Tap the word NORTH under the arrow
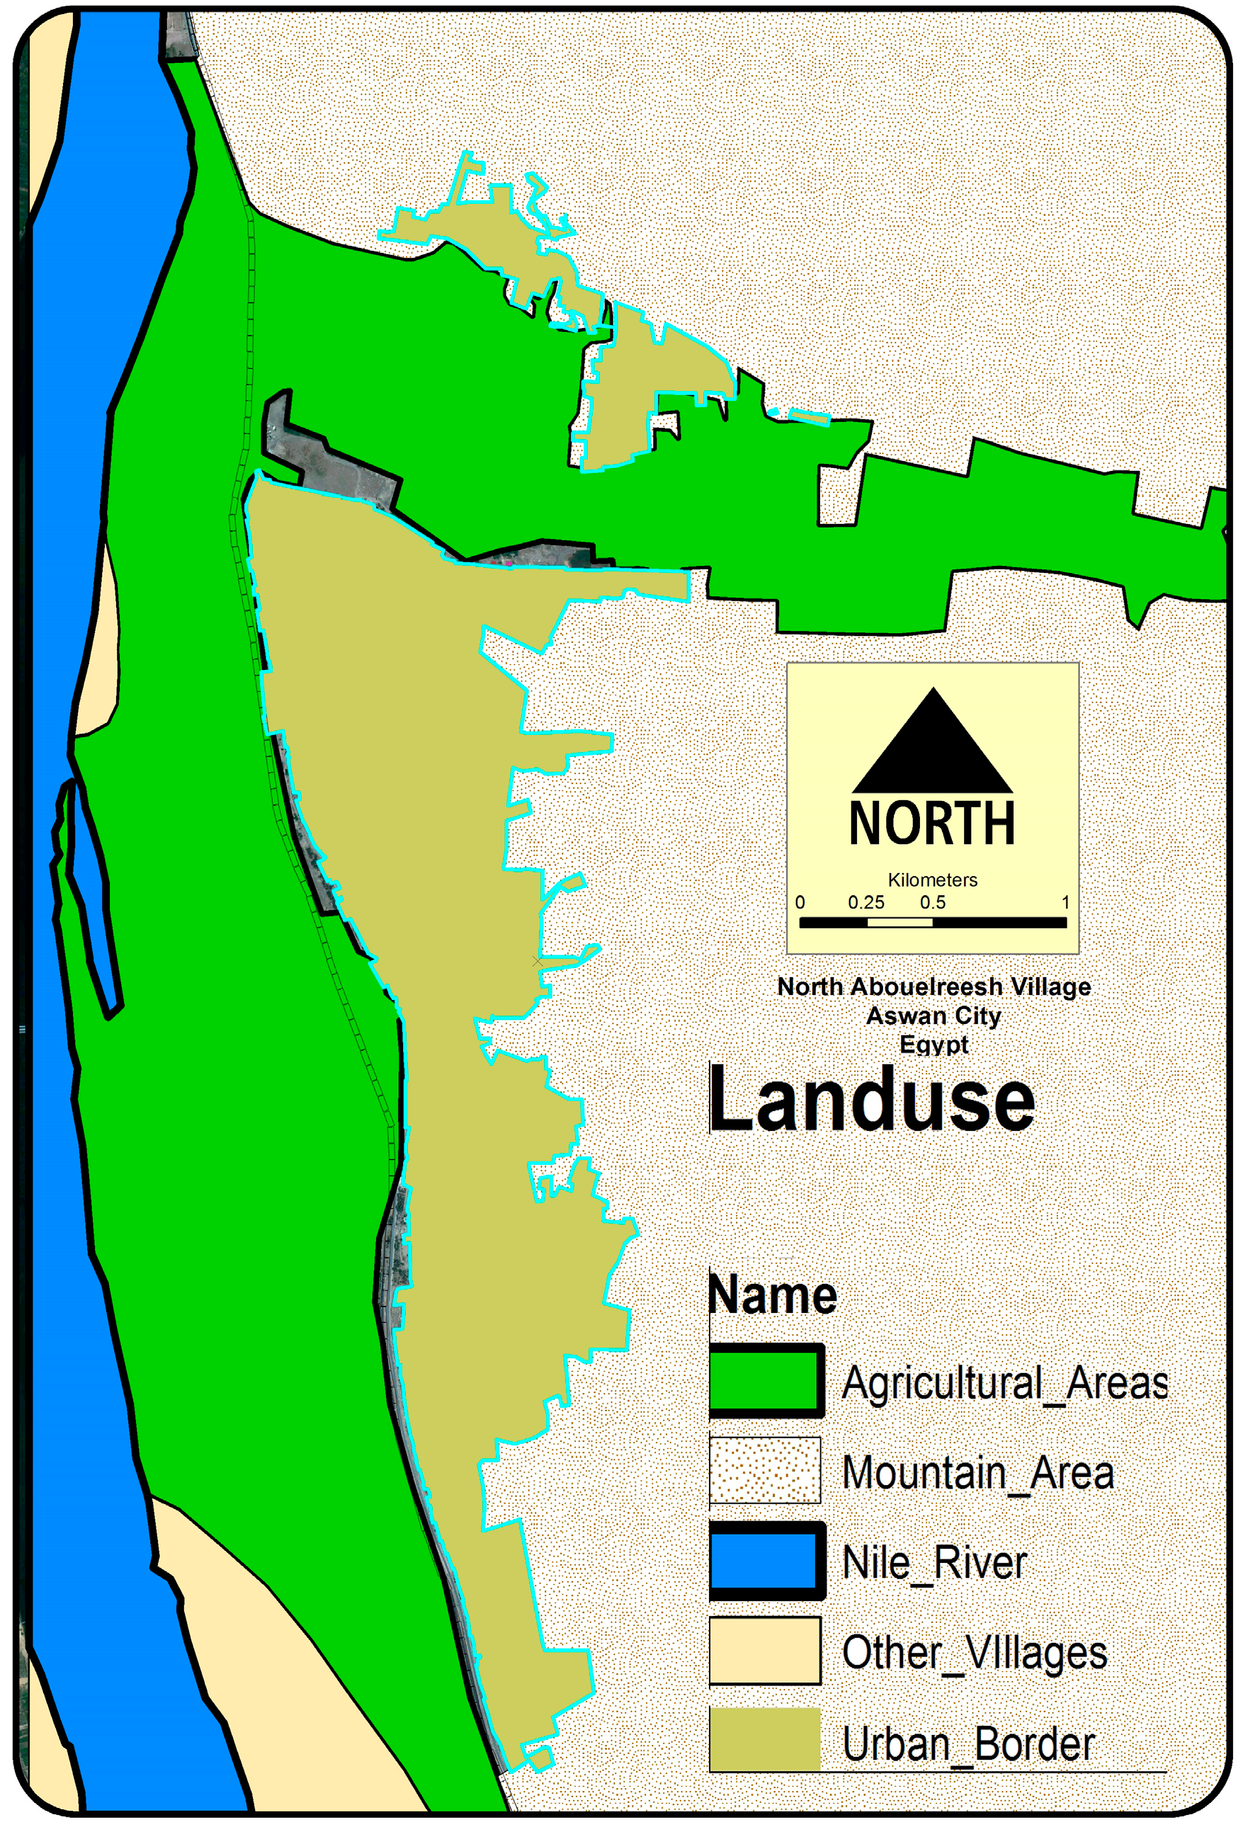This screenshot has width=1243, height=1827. [x=933, y=823]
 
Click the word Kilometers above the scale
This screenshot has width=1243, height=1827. [x=933, y=880]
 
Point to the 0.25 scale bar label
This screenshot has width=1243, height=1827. [x=865, y=902]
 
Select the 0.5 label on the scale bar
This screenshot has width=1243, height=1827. [x=933, y=902]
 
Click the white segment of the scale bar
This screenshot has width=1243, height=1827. [x=899, y=922]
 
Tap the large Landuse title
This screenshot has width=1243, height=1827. [x=872, y=1100]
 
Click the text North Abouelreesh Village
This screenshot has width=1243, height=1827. [x=934, y=986]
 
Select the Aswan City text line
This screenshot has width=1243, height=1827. [x=934, y=1015]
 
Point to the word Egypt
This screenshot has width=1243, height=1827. [x=934, y=1045]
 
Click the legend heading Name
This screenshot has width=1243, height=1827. [x=773, y=1294]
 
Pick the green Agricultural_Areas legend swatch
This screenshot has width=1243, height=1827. [x=766, y=1382]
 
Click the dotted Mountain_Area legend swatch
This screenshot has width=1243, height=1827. [x=765, y=1471]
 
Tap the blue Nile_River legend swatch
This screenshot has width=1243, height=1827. [x=766, y=1561]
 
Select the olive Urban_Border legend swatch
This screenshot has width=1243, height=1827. [x=765, y=1740]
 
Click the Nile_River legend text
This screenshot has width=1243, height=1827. [x=935, y=1563]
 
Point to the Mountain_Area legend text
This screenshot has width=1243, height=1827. [x=978, y=1473]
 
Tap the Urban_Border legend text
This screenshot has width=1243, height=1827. [x=969, y=1743]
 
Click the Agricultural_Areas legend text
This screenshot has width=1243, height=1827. [x=1005, y=1384]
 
